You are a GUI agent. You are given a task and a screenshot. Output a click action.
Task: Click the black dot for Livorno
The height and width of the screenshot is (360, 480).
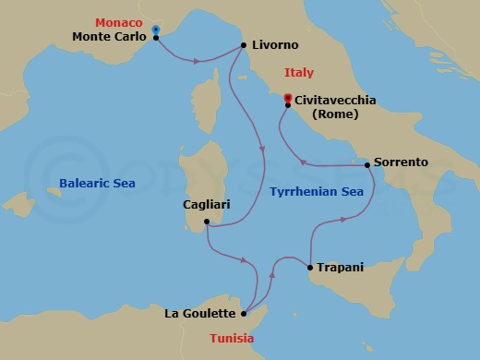pos(243,44)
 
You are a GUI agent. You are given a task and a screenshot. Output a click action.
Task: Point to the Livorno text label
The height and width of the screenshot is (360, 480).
pos(274,44)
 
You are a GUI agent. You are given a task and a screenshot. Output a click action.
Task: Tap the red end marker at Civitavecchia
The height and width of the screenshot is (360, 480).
pos(287,98)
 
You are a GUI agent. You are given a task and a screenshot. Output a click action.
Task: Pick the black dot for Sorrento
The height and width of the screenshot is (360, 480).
pos(367,164)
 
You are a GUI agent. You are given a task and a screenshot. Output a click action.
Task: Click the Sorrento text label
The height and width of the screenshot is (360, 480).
pos(402,162)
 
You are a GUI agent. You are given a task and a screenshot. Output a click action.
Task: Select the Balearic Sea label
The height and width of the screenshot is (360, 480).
pos(97,184)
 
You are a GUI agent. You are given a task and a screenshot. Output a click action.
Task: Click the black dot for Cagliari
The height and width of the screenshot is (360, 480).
pos(206,222)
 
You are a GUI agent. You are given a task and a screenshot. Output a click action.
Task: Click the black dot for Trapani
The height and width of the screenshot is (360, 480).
pos(308,268)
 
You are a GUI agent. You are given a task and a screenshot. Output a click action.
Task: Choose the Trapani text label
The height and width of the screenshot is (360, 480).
pos(340,267)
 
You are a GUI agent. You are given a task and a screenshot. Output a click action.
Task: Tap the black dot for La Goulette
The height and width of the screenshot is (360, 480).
pos(244,314)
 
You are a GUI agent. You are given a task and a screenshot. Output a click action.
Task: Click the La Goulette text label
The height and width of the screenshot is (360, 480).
pos(200,314)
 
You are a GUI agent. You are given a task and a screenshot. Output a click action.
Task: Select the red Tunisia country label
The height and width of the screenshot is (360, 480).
pos(232,338)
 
